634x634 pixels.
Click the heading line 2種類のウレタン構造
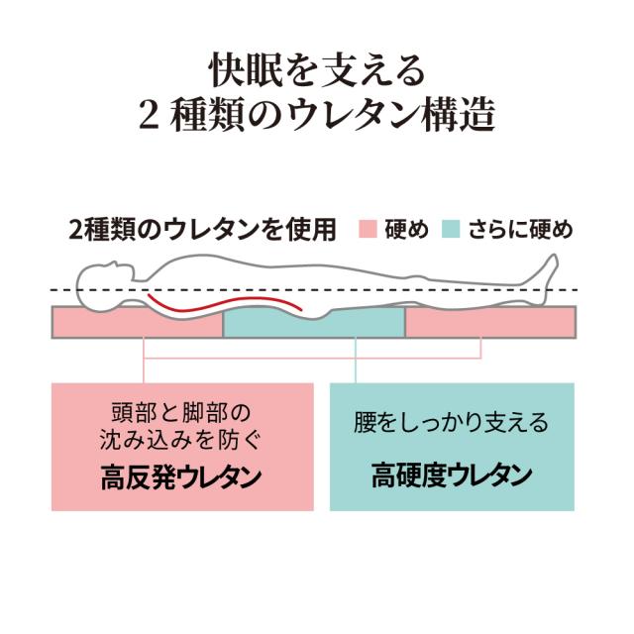[317, 114]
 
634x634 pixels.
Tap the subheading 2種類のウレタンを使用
[202, 230]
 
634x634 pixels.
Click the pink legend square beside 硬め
[368, 229]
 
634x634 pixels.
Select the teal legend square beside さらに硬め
[451, 229]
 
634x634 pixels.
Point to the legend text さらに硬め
[521, 230]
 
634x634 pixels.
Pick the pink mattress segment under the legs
[490, 322]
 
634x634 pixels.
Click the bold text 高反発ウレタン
[181, 477]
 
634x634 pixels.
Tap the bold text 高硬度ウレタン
[452, 475]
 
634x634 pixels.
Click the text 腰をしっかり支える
[451, 422]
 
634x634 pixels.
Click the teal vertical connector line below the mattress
[356, 360]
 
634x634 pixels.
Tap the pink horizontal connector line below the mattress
[312, 358]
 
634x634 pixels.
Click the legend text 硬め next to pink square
[406, 230]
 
